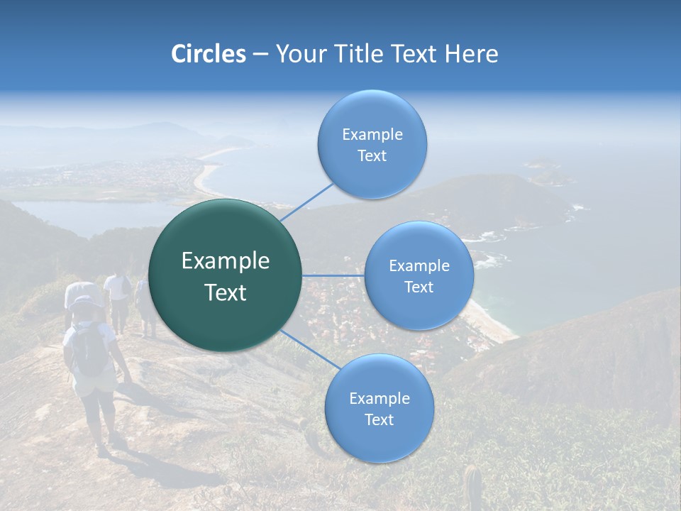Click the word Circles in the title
(208, 54)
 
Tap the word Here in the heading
(471, 54)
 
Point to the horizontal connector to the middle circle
(333, 275)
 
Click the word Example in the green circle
(225, 260)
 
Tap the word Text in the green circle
(225, 292)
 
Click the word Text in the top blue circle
(372, 155)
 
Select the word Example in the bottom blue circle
(379, 398)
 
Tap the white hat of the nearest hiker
(87, 302)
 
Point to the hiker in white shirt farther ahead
(117, 291)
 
